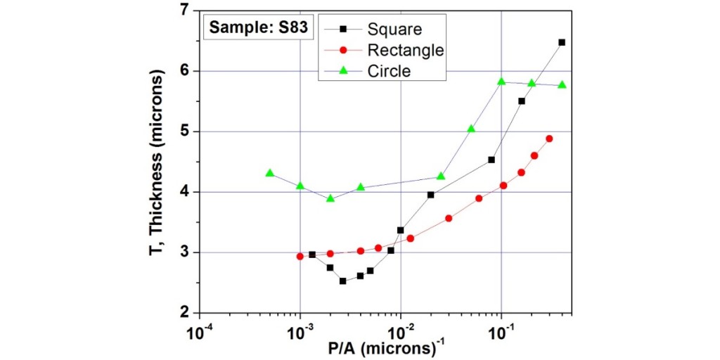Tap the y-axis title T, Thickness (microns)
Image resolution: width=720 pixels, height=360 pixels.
tap(160, 162)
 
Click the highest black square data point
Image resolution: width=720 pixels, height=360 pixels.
tap(562, 42)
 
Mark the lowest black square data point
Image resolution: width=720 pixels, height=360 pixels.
tap(342, 281)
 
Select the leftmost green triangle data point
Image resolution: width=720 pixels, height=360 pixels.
tap(270, 173)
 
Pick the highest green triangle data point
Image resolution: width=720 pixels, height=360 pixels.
tap(501, 82)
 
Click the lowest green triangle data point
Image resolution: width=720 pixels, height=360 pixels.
tap(330, 198)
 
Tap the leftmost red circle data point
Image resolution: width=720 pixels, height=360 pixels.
tap(300, 257)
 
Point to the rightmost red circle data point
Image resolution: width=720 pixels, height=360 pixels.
tap(549, 139)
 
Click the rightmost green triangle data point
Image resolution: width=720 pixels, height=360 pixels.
tap(562, 85)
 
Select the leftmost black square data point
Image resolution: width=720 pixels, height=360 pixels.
tap(312, 255)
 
